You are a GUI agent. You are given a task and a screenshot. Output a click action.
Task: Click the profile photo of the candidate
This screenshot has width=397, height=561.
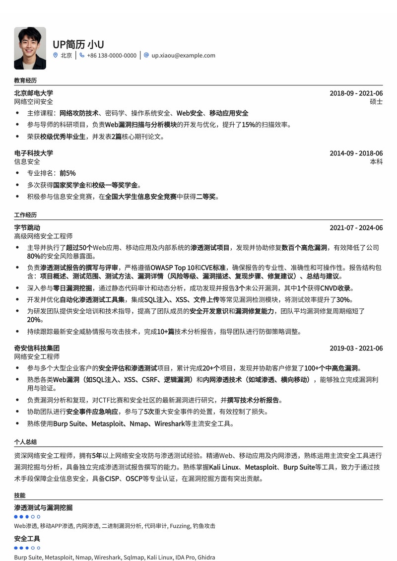tap(30, 48)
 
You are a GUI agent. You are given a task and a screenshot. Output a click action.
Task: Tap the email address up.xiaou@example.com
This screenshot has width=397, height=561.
tap(183, 56)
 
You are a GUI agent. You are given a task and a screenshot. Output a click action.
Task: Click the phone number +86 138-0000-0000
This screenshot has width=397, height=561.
tap(111, 56)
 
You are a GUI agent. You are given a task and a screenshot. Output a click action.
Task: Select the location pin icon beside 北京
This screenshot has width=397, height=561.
tap(56, 56)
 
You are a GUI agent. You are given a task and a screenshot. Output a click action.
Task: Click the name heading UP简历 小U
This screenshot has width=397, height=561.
tap(78, 44)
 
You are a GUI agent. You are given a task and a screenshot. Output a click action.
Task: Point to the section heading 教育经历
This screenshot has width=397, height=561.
tap(25, 80)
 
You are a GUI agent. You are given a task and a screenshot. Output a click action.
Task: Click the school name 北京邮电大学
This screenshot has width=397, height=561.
tap(33, 93)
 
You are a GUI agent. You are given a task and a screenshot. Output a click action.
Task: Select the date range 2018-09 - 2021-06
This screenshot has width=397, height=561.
tap(356, 93)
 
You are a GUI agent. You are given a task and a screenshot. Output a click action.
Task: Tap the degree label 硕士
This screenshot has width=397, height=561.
tap(376, 102)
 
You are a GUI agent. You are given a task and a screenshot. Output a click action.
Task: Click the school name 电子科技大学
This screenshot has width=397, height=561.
tap(33, 153)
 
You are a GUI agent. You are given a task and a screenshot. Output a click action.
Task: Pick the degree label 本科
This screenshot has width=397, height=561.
tap(376, 162)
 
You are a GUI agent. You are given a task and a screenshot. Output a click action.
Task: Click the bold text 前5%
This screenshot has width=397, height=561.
tap(67, 173)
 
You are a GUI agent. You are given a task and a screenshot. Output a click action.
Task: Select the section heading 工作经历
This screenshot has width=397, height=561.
tap(25, 215)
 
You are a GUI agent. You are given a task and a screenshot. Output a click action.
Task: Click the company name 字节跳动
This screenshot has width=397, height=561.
tap(27, 228)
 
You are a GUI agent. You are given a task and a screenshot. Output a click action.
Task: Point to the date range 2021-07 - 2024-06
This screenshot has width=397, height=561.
tap(356, 228)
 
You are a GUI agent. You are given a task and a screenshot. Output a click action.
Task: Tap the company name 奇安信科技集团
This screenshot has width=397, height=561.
tap(37, 348)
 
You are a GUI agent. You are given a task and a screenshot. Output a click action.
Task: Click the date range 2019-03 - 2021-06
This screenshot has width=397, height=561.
tap(356, 348)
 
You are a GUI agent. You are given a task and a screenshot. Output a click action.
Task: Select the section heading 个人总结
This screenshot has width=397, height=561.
tap(25, 442)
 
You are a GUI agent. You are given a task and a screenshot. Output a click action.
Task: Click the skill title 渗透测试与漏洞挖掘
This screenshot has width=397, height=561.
tap(43, 507)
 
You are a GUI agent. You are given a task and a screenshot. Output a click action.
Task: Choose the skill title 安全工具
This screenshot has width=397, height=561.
tap(27, 539)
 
